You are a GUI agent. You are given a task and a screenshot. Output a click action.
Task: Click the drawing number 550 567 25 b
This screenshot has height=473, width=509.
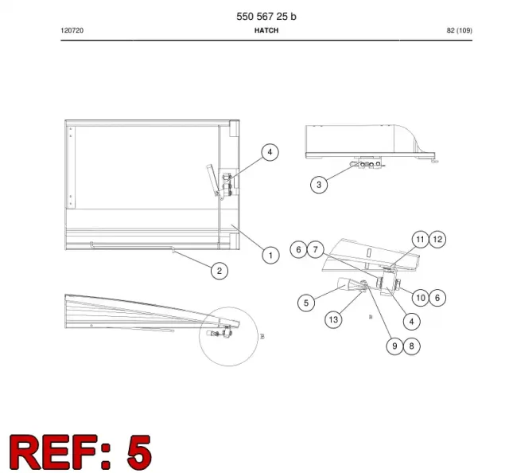(266, 17)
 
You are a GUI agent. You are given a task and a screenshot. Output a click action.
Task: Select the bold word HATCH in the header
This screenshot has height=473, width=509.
(266, 30)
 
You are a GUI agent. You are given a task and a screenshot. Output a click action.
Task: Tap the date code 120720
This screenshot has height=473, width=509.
(72, 30)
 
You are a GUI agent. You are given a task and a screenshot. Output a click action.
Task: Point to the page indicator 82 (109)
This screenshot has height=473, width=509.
(460, 30)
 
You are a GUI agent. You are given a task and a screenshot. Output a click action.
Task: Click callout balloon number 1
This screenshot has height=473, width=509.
(270, 255)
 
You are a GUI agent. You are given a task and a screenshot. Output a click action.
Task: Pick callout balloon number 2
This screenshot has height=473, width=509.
(220, 271)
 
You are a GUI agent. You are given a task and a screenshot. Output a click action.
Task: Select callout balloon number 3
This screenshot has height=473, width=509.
(319, 185)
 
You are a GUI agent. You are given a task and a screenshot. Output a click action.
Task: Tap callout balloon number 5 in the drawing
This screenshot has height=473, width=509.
(306, 303)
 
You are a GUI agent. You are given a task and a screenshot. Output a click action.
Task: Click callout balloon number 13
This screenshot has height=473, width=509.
(333, 319)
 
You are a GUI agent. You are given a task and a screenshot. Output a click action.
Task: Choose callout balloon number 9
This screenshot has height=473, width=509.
(394, 346)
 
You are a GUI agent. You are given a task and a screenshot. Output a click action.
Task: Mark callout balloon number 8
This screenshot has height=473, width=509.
(412, 346)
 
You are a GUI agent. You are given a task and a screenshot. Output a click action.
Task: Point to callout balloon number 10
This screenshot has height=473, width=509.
(421, 298)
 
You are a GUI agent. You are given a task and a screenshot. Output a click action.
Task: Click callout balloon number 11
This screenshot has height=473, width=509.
(421, 240)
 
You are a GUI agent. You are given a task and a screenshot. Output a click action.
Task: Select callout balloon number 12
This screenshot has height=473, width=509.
(437, 240)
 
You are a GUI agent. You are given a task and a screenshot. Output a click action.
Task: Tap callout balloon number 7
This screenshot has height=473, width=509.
(315, 250)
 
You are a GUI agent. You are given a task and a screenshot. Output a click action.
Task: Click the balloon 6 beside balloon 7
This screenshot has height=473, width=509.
(298, 250)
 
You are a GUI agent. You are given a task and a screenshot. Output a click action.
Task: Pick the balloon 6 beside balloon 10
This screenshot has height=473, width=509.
(437, 298)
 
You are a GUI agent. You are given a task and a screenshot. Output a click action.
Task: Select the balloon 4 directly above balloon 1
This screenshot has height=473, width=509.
(270, 152)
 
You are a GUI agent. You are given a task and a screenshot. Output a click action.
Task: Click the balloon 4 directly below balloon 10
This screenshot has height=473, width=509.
(412, 322)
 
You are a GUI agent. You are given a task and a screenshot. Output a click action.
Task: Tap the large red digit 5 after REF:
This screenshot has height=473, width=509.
(139, 451)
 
